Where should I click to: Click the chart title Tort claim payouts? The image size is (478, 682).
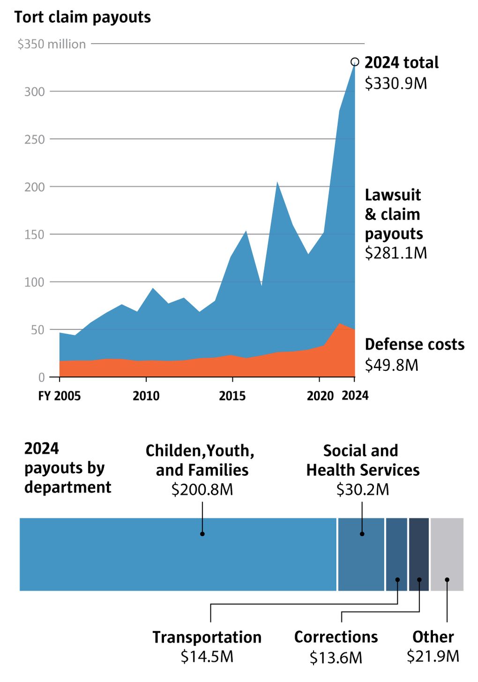click(x=82, y=17)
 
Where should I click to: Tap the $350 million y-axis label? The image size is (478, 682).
click(x=52, y=44)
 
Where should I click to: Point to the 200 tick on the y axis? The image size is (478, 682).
click(x=35, y=187)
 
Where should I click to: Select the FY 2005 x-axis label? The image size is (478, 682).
click(x=60, y=396)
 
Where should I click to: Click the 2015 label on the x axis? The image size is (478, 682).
click(x=232, y=396)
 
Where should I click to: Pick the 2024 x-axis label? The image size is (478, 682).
click(x=355, y=396)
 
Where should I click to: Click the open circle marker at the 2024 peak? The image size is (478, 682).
click(x=355, y=62)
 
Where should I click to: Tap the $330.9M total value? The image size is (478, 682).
click(x=396, y=83)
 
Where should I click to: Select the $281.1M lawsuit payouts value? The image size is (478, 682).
click(x=396, y=253)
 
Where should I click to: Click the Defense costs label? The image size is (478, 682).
click(x=415, y=345)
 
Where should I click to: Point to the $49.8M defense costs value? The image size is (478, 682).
click(x=391, y=365)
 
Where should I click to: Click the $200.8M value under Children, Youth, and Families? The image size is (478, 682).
click(x=202, y=490)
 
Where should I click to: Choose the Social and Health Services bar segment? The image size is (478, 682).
click(x=361, y=554)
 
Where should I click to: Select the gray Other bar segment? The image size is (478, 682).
click(x=447, y=554)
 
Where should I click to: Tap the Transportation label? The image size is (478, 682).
click(x=207, y=637)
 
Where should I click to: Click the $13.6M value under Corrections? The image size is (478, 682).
click(x=336, y=658)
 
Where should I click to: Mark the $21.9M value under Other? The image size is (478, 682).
click(x=433, y=656)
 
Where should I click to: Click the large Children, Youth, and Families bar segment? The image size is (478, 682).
click(x=178, y=554)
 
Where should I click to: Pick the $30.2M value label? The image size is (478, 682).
click(x=363, y=490)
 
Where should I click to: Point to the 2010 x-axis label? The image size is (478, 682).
click(x=146, y=396)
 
